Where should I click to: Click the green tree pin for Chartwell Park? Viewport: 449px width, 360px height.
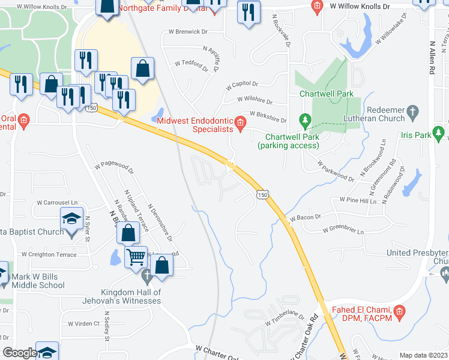[305, 122]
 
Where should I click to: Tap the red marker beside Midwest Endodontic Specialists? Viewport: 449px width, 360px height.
[240, 124]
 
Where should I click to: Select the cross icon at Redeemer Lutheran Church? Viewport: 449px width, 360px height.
[412, 111]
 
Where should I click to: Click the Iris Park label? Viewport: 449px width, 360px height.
[416, 136]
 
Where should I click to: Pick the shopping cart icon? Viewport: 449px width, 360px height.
[136, 256]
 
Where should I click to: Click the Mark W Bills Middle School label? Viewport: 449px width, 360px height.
[41, 281]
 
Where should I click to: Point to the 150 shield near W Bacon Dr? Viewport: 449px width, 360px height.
[261, 194]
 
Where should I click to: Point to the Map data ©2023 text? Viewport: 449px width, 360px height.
[423, 355]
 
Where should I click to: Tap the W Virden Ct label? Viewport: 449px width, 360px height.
[84, 323]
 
